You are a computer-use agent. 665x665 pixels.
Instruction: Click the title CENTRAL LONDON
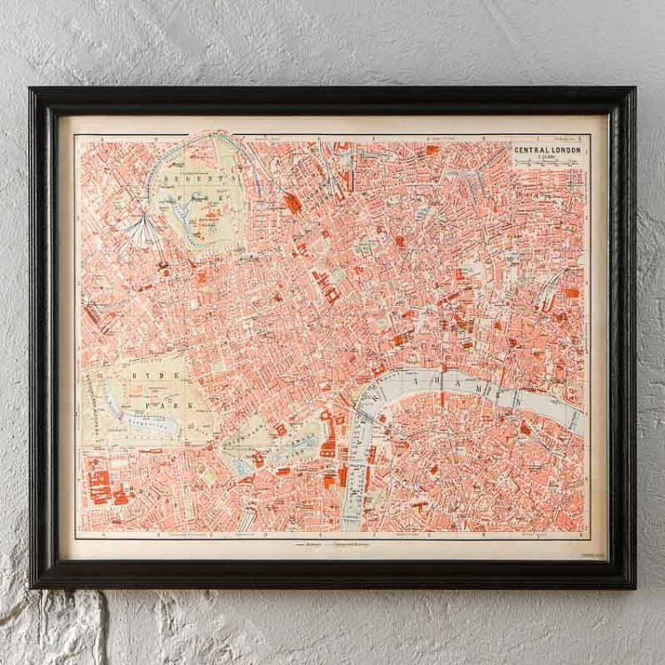click(547, 150)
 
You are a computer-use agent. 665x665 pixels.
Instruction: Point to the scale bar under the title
click(547, 165)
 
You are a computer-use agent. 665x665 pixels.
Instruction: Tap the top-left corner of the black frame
click(32, 90)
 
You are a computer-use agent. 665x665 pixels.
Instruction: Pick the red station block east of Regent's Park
click(293, 203)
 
